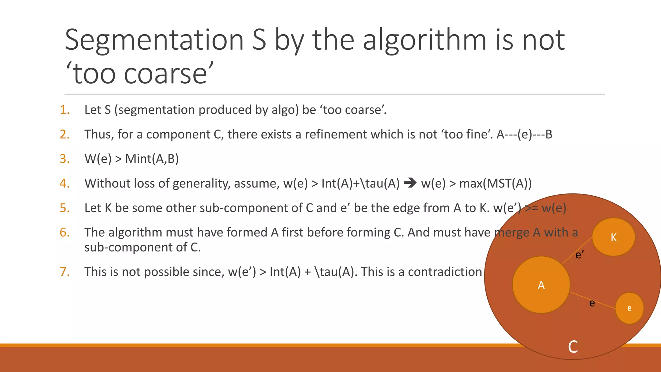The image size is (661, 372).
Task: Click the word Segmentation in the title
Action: pyautogui.click(x=154, y=40)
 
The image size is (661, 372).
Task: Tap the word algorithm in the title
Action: pyautogui.click(x=424, y=40)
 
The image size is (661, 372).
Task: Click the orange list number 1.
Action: pyautogui.click(x=65, y=110)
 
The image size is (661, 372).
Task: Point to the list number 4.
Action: pyautogui.click(x=65, y=184)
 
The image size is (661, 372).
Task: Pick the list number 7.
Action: pyautogui.click(x=65, y=272)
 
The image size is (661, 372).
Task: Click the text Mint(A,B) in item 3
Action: pyautogui.click(x=152, y=159)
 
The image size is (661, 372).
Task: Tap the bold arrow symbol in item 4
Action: pyautogui.click(x=410, y=183)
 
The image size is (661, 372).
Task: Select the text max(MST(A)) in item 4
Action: pyautogui.click(x=495, y=184)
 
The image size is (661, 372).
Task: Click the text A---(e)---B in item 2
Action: pyautogui.click(x=524, y=134)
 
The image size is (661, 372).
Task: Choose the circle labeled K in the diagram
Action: pyautogui.click(x=613, y=237)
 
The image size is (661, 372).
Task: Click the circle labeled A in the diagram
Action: pyautogui.click(x=541, y=285)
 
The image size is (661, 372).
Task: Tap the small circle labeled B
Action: pyautogui.click(x=629, y=308)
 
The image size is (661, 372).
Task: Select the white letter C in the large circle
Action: pyautogui.click(x=573, y=347)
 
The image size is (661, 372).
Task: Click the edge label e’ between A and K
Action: pyautogui.click(x=580, y=255)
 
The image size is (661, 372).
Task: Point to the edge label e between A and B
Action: pyautogui.click(x=592, y=303)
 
